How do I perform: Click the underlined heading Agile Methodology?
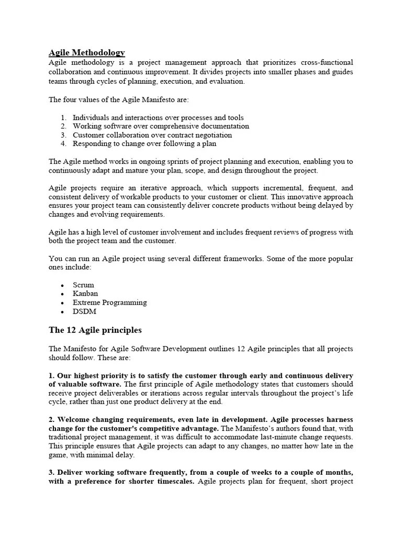point(86,52)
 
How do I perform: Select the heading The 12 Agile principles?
point(95,330)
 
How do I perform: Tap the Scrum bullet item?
point(83,285)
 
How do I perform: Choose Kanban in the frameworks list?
point(85,294)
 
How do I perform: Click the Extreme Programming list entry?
point(109,303)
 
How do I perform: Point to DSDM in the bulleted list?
point(84,311)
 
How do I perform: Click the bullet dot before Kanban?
point(62,294)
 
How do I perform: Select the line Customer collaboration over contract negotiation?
point(152,135)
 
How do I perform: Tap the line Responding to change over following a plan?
point(144,143)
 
